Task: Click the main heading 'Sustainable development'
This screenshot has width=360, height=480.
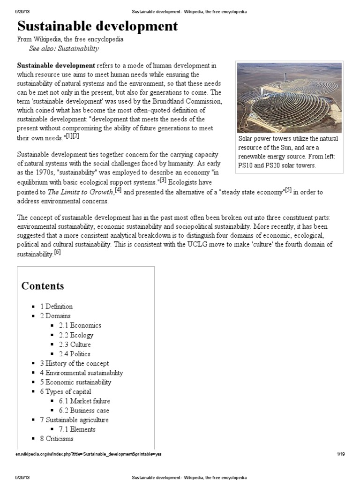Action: pos(97,26)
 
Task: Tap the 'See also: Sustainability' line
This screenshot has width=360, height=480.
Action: pos(64,49)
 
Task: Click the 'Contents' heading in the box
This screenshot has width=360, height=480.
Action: pos(43,286)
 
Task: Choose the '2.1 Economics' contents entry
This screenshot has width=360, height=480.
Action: pos(80,325)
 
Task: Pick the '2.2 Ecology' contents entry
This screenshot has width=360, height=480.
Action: pos(76,335)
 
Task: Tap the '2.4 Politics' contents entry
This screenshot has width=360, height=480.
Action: pos(75,354)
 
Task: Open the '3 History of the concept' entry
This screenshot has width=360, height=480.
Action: pos(74,363)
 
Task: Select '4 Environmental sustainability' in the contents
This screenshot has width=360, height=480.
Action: pos(81,373)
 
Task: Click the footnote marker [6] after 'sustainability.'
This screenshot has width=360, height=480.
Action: pos(57,253)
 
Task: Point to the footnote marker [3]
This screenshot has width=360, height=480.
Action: pos(163,180)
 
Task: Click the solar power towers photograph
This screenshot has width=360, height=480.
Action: pos(290,97)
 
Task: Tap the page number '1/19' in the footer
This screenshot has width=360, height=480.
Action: pos(340,454)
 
